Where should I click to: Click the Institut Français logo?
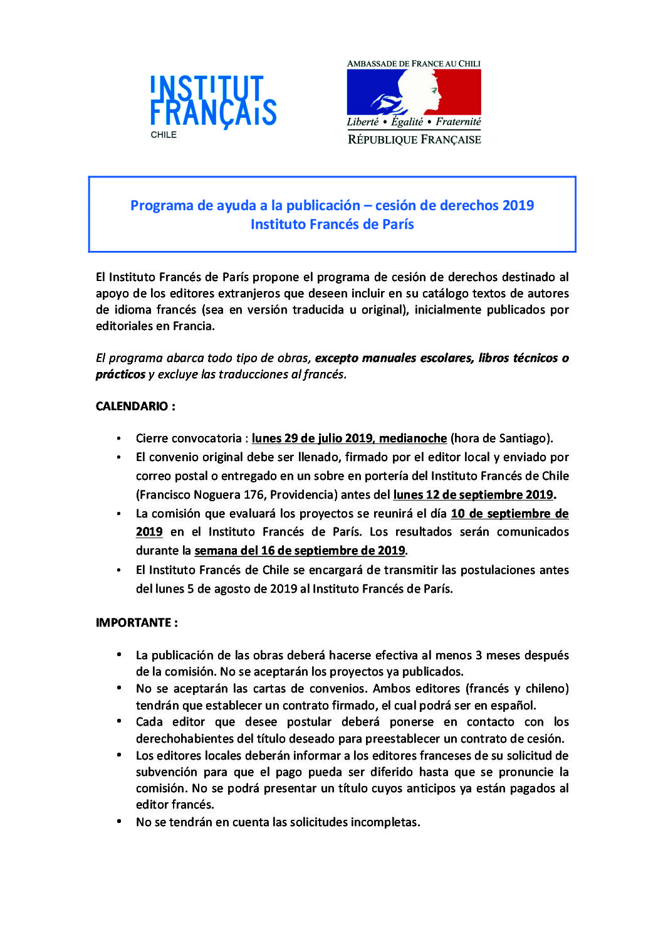click(x=213, y=101)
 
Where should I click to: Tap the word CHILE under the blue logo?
click(x=164, y=135)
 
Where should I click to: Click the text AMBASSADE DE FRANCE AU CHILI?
click(x=414, y=63)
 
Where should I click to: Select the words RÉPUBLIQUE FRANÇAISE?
click(x=414, y=139)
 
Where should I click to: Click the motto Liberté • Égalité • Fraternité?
click(x=414, y=122)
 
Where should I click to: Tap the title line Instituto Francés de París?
click(x=332, y=224)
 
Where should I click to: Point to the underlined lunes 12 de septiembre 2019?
click(x=473, y=494)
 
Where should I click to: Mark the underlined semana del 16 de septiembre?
click(x=300, y=550)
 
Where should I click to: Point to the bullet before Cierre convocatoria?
click(x=119, y=438)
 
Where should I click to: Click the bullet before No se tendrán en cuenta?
click(x=119, y=821)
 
